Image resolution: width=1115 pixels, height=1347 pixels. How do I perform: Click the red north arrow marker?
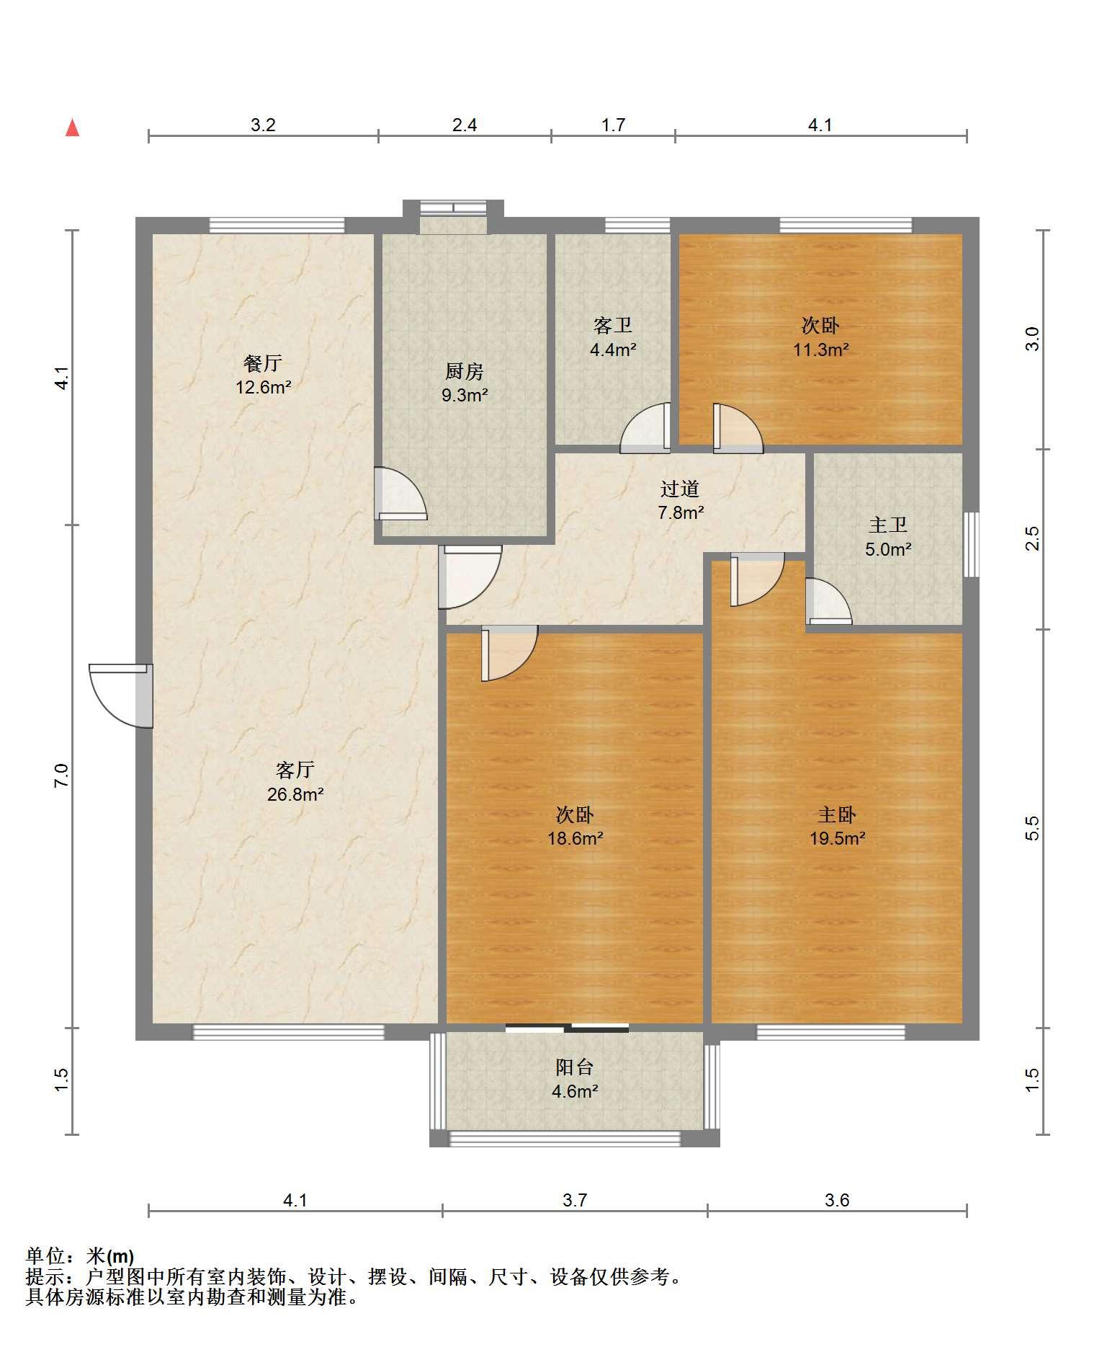click(x=72, y=128)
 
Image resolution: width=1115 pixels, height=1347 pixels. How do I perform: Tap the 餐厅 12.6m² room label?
click(x=263, y=375)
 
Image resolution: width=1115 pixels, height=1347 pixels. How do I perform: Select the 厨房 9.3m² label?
click(x=465, y=383)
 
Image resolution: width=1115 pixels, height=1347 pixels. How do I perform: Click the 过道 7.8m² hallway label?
click(x=680, y=500)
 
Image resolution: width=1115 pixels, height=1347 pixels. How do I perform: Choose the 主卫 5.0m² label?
click(x=888, y=537)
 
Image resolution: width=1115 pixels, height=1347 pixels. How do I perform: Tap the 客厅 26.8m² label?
click(x=295, y=782)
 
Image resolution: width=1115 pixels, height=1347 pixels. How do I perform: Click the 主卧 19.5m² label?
click(x=837, y=826)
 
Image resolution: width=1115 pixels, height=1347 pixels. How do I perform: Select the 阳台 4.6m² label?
click(x=575, y=1079)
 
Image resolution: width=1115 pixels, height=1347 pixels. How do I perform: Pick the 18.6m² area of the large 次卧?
click(x=575, y=838)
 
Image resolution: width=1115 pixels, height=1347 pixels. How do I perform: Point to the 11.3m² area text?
click(x=820, y=350)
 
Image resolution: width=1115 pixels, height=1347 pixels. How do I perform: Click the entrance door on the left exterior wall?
click(x=121, y=695)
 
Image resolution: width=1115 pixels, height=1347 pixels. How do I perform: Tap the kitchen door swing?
click(x=400, y=494)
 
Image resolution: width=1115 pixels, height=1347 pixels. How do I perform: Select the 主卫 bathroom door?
click(x=828, y=601)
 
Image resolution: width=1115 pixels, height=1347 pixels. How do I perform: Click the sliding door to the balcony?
click(x=567, y=1028)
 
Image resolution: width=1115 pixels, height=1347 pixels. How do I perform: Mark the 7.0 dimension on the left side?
click(x=62, y=775)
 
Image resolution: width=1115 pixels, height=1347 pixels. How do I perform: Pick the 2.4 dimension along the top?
click(x=465, y=125)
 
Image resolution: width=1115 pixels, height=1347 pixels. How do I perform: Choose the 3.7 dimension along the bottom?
click(x=575, y=1200)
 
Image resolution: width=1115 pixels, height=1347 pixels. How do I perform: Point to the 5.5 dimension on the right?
click(x=1032, y=828)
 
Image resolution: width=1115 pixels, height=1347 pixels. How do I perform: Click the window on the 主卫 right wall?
click(x=971, y=544)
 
